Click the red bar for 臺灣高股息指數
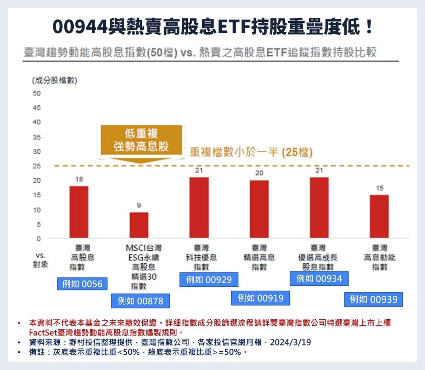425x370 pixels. click(x=79, y=212)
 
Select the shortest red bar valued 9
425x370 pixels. click(x=139, y=225)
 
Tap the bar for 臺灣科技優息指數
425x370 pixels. click(x=199, y=207)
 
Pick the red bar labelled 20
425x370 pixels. click(x=259, y=209)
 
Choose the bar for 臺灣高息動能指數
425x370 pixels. click(x=379, y=216)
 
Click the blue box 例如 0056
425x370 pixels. click(x=82, y=284)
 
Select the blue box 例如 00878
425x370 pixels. click(x=140, y=301)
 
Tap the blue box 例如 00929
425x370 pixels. click(x=209, y=280)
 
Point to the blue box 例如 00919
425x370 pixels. click(x=261, y=298)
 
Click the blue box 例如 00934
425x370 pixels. click(x=319, y=279)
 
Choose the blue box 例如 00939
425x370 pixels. click(x=374, y=299)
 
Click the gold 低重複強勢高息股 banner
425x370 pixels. click(x=141, y=140)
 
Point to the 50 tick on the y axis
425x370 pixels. click(x=37, y=93)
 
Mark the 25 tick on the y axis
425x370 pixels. click(x=37, y=166)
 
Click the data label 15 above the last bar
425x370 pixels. click(x=380, y=188)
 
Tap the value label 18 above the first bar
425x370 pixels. click(x=79, y=179)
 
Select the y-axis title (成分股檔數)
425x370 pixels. click(x=55, y=80)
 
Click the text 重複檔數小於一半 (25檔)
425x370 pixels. click(x=251, y=152)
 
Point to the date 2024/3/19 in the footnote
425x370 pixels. click(x=290, y=342)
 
